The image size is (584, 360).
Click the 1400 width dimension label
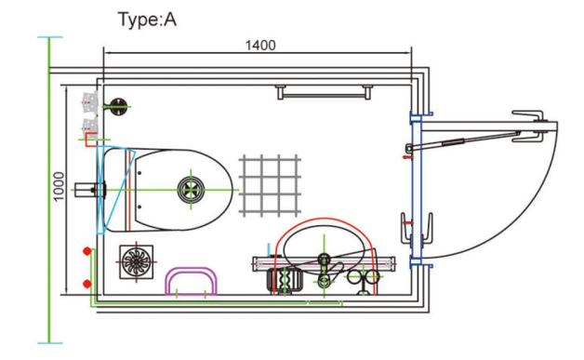coord(260,46)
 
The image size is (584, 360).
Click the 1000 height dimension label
coord(59,186)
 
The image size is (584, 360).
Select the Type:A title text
coord(147,20)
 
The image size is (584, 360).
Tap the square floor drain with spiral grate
coord(137,261)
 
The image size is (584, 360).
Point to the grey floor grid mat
coord(270,186)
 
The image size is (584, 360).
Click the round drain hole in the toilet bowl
coord(191,190)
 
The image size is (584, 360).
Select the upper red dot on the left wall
coord(86,251)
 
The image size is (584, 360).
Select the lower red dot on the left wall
coord(86,284)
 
